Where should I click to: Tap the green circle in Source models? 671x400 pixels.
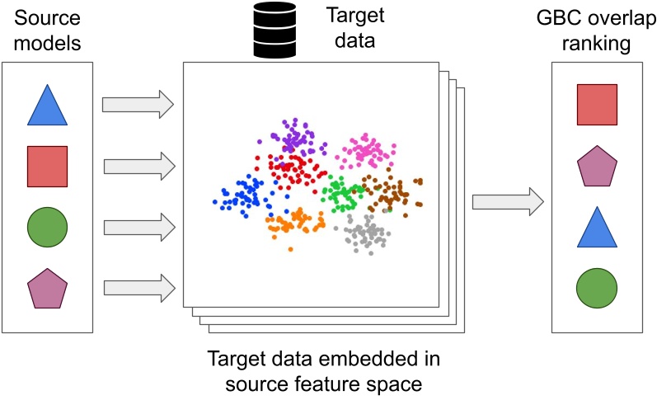(46, 225)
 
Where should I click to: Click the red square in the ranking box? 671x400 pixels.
(597, 105)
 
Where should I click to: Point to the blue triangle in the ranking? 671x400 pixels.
(597, 228)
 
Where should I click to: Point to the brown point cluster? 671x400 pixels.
(394, 194)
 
